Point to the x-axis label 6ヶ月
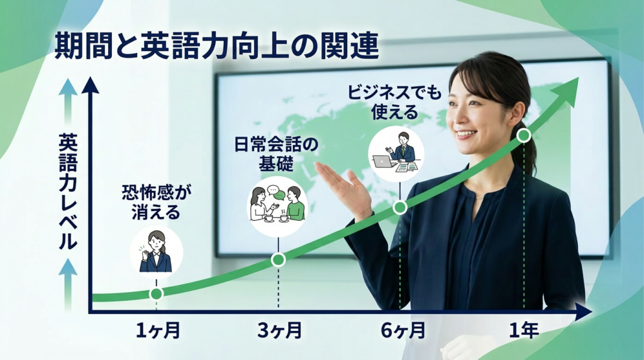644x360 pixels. click(x=403, y=330)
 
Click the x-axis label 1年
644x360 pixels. click(x=523, y=330)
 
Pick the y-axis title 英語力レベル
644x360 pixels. click(x=68, y=188)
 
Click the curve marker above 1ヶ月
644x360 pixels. click(x=157, y=293)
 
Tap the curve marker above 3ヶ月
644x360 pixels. click(x=279, y=259)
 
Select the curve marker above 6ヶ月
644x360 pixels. click(x=400, y=208)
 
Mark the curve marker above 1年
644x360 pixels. click(x=523, y=135)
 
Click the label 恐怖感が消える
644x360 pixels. click(x=157, y=203)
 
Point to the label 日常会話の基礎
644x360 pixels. click(x=276, y=155)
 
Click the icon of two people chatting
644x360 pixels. click(x=277, y=204)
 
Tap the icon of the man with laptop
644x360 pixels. click(x=396, y=154)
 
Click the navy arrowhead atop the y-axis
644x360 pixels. click(x=91, y=85)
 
